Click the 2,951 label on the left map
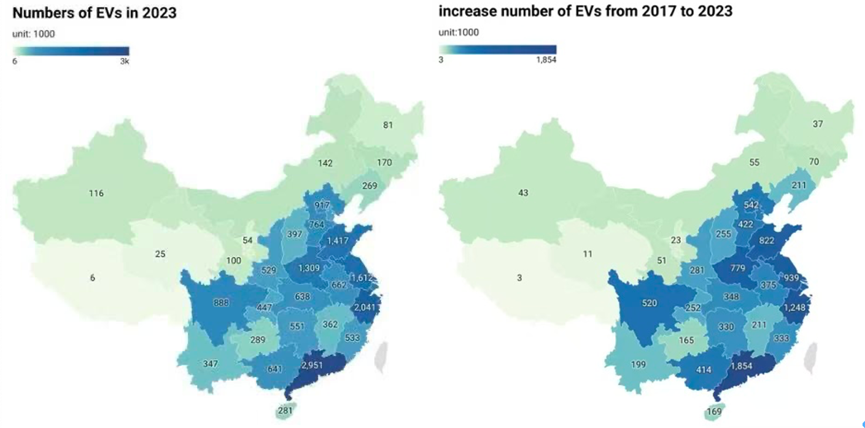[x=312, y=365]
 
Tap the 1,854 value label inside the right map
[x=741, y=366]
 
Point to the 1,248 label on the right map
[x=794, y=307]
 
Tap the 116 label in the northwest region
[x=96, y=193]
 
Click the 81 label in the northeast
[x=388, y=124]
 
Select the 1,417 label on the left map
[x=338, y=240]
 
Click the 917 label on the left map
[x=322, y=205]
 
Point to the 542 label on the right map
[x=751, y=205]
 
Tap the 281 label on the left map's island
[x=285, y=410]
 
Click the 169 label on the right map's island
[x=714, y=411]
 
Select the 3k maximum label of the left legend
[x=123, y=61]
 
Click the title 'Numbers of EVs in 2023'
[x=94, y=12]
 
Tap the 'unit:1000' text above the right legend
[x=459, y=32]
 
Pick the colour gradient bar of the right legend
[x=497, y=49]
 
